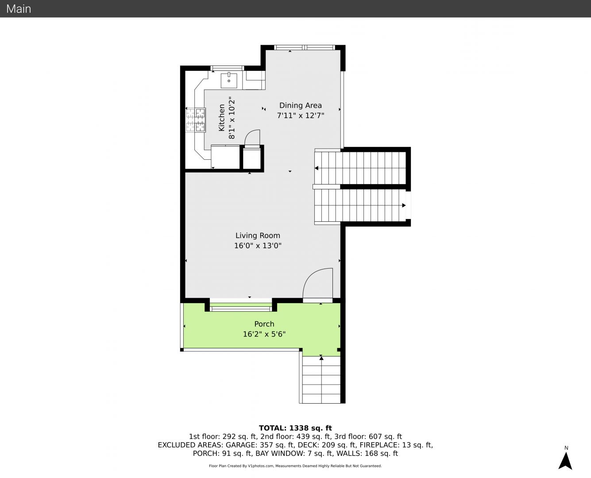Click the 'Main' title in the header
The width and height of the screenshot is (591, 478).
tap(19, 9)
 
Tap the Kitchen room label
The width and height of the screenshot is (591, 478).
tap(221, 118)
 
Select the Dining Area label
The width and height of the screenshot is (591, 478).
tap(301, 105)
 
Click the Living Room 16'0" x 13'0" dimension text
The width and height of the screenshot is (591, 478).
tap(258, 246)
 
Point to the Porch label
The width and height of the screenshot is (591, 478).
tap(264, 324)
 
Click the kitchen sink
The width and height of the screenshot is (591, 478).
tap(229, 80)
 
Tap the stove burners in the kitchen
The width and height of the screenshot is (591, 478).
tap(196, 120)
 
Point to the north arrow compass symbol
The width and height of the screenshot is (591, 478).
tap(565, 461)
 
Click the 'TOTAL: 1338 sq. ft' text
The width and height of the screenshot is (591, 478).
tap(295, 428)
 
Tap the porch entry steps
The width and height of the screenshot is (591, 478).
tap(321, 379)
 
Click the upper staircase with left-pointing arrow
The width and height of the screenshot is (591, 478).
tap(360, 168)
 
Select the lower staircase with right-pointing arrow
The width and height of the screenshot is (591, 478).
tap(360, 205)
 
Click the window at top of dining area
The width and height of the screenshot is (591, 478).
tap(305, 47)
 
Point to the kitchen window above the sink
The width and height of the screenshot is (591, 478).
tap(227, 68)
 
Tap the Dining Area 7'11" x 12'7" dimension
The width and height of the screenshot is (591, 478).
tap(301, 116)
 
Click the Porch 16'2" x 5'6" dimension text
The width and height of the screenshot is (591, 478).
tap(264, 334)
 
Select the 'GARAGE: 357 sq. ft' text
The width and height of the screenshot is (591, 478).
tap(260, 445)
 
